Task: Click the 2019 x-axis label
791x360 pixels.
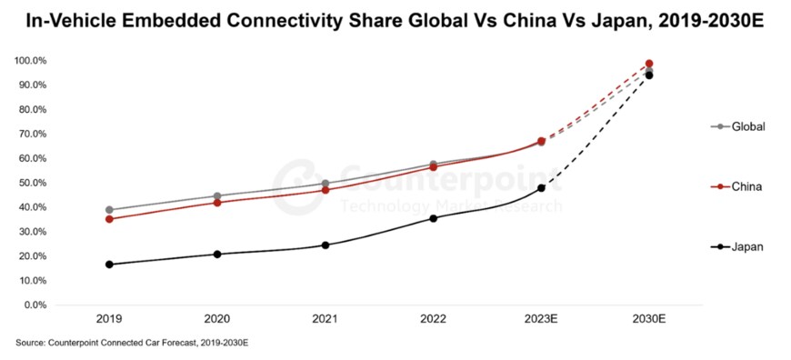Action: tap(109, 320)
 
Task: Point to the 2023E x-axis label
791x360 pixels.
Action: tap(541, 320)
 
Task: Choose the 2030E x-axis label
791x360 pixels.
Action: tap(649, 320)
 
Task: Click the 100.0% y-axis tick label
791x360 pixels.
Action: tap(32, 61)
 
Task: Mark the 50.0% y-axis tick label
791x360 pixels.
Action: tap(34, 183)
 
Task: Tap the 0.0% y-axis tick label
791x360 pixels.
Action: tap(36, 305)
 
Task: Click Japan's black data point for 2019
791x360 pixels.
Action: tap(109, 265)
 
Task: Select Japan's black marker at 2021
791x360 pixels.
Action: tap(325, 245)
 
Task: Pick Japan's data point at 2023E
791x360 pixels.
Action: tap(541, 188)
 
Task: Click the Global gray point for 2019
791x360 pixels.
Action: tap(109, 210)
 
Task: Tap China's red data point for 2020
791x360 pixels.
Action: tap(217, 203)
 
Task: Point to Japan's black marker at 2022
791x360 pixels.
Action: tap(433, 218)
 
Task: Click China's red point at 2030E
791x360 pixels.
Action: tap(649, 64)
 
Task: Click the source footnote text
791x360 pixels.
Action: tap(132, 344)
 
